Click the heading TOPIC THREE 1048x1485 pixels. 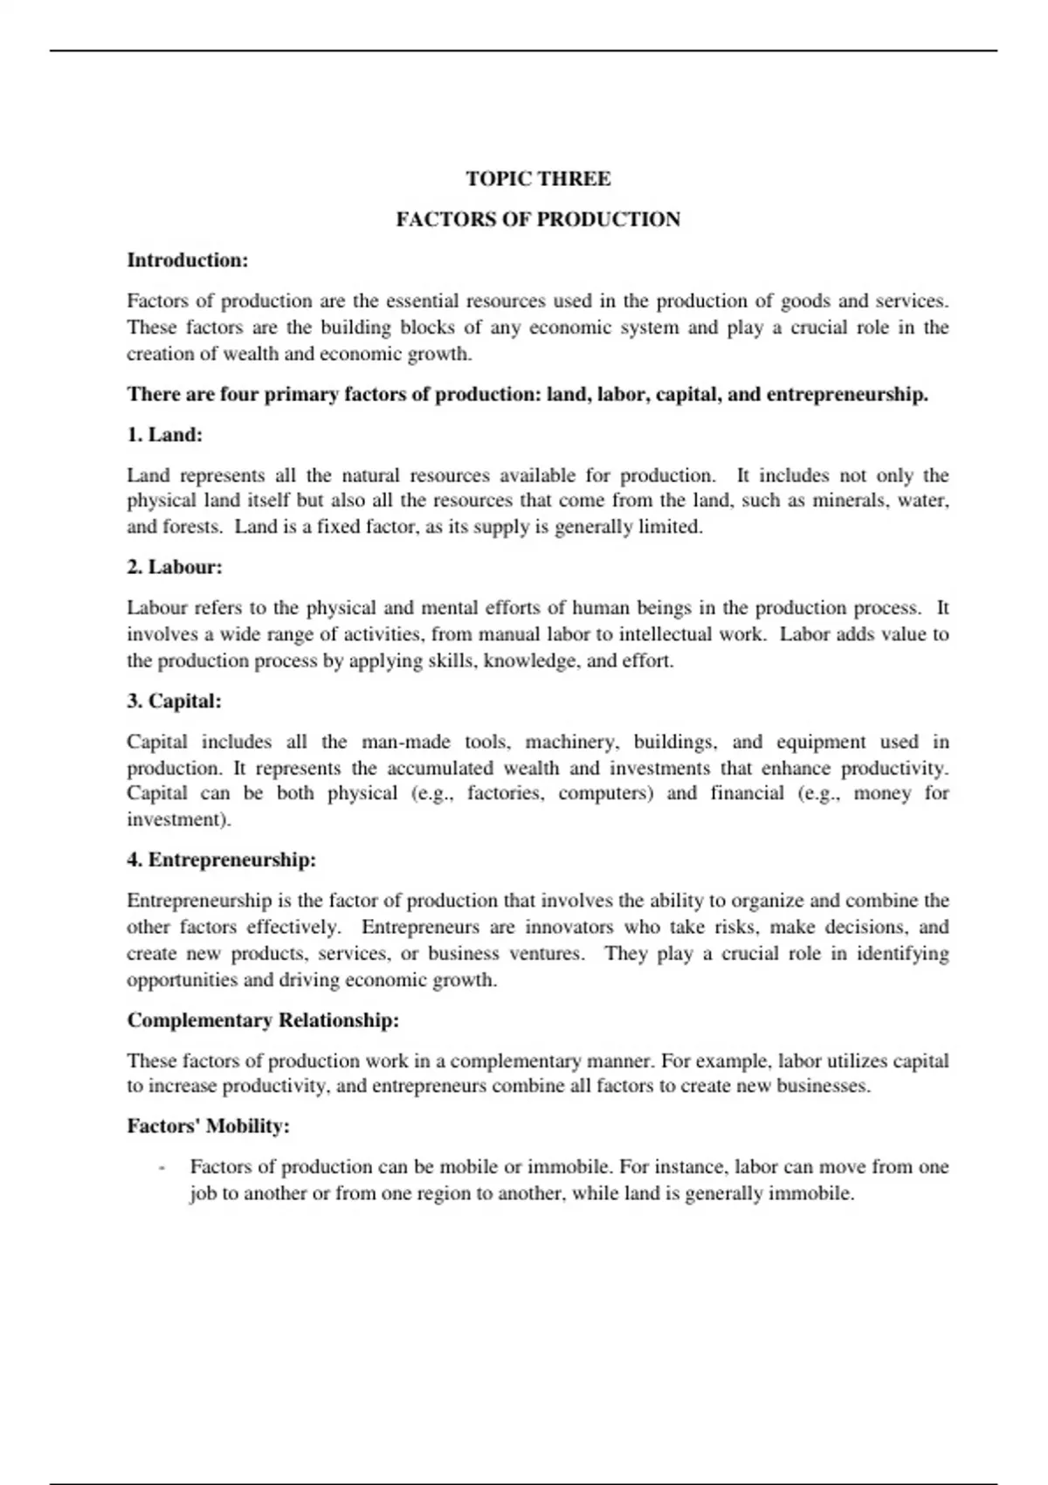point(538,179)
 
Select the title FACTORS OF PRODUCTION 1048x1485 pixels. point(538,219)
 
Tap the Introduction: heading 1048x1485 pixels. point(188,260)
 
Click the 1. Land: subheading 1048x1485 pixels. point(165,435)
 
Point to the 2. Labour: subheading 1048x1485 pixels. point(175,568)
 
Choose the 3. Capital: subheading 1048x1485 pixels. point(174,701)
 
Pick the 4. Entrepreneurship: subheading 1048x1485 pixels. point(222,860)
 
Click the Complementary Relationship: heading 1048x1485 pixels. point(263,1020)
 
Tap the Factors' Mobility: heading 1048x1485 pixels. point(208,1127)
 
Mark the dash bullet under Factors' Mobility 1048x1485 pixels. point(162,1168)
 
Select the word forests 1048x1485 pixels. point(191,528)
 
